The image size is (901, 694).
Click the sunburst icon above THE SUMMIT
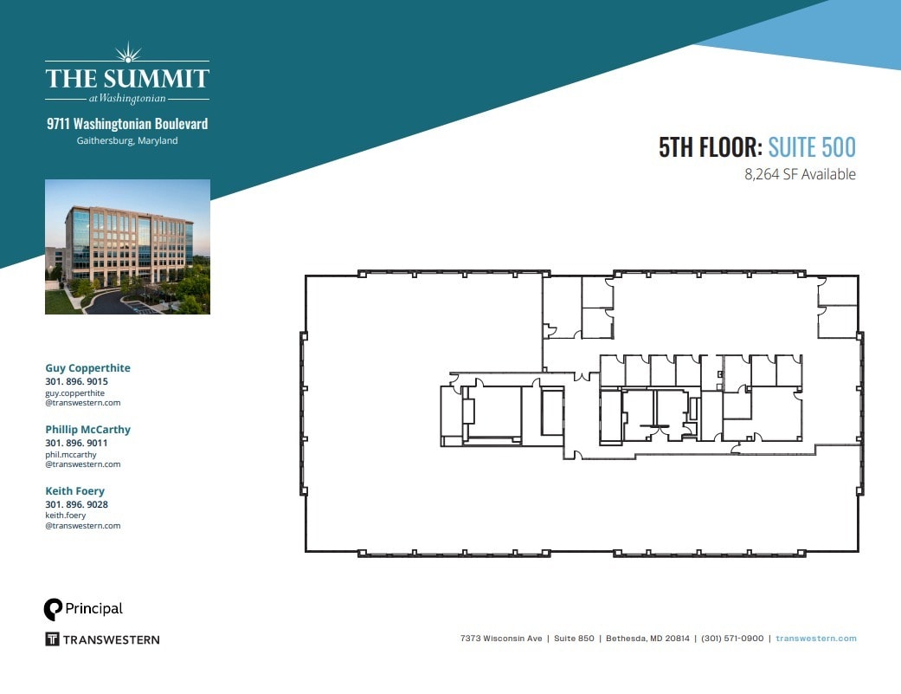pyautogui.click(x=127, y=52)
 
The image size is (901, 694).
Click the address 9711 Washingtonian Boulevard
pyautogui.click(x=127, y=124)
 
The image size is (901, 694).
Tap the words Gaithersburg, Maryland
pyautogui.click(x=127, y=140)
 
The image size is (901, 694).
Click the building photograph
pyautogui.click(x=127, y=246)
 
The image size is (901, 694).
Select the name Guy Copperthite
pyautogui.click(x=87, y=368)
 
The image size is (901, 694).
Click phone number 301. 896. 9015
pyautogui.click(x=76, y=381)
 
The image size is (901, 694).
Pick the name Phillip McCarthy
pyautogui.click(x=87, y=430)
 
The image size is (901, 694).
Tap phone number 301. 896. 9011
pyautogui.click(x=76, y=443)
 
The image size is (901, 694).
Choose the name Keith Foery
pyautogui.click(x=74, y=491)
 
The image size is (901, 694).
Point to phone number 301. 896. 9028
pyautogui.click(x=76, y=504)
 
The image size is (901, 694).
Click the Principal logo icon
pyautogui.click(x=54, y=609)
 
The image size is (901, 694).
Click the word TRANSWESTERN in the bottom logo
pyautogui.click(x=112, y=639)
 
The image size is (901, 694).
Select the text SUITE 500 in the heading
pyautogui.click(x=812, y=148)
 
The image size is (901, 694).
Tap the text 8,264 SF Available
pyautogui.click(x=800, y=174)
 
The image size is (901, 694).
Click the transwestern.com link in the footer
pyautogui.click(x=816, y=639)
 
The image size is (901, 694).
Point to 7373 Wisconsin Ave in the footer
pyautogui.click(x=501, y=639)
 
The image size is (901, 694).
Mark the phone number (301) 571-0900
pyautogui.click(x=732, y=639)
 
